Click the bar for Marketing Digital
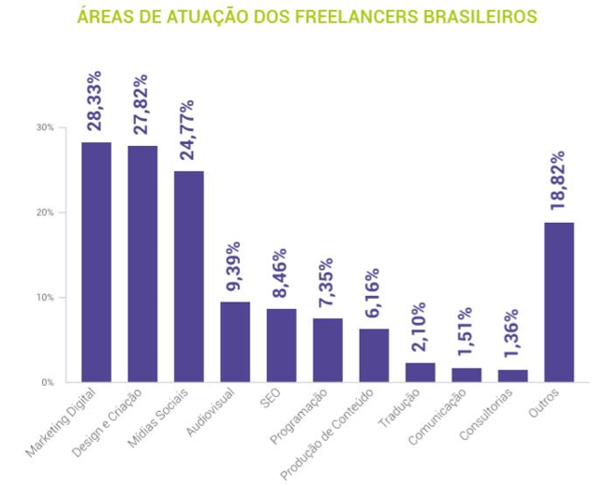click(96, 262)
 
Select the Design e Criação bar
click(142, 264)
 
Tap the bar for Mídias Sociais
click(188, 276)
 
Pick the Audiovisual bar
click(235, 342)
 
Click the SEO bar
click(281, 346)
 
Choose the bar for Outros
click(558, 302)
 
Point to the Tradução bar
click(420, 372)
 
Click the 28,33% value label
click(95, 98)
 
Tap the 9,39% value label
click(234, 268)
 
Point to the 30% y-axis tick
click(45, 127)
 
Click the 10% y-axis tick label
click(45, 298)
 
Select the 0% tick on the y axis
click(47, 382)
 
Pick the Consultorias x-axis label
click(493, 415)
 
